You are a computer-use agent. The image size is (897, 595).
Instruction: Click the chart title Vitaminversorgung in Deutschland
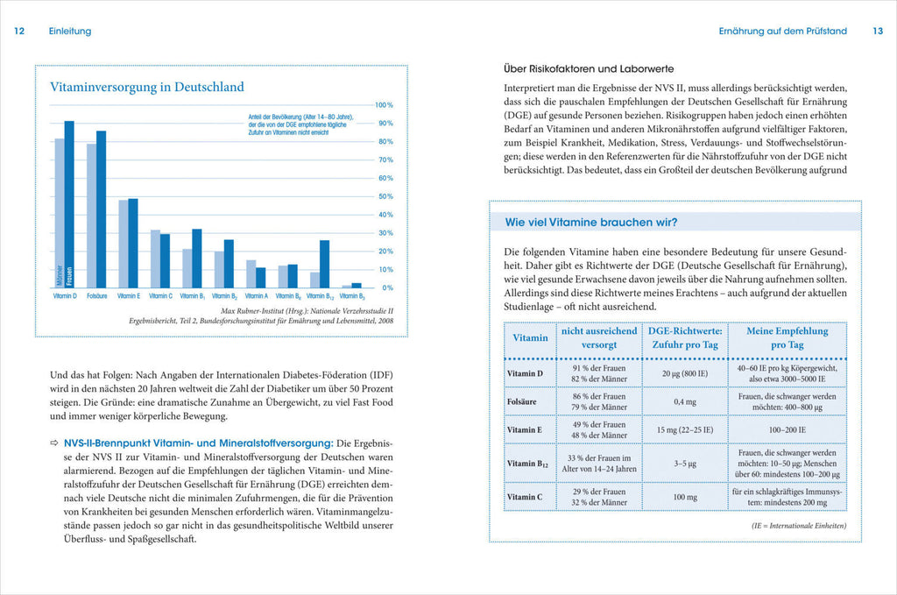tap(147, 87)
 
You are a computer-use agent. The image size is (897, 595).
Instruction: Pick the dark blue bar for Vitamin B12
tap(324, 264)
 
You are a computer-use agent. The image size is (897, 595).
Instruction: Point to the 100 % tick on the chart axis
tap(384, 105)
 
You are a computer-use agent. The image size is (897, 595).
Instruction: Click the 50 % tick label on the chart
tap(384, 196)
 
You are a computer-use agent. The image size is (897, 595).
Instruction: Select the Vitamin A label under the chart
tap(256, 296)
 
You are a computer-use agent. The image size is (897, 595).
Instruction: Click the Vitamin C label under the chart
tap(160, 296)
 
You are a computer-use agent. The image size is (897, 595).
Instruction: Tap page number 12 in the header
tap(19, 32)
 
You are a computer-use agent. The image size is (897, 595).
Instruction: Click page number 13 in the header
tap(877, 32)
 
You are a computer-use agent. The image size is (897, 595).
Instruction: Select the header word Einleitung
tap(70, 32)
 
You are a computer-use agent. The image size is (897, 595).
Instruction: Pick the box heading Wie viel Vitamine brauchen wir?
tap(585, 221)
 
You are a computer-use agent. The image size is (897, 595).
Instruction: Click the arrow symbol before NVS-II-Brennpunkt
tap(54, 444)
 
